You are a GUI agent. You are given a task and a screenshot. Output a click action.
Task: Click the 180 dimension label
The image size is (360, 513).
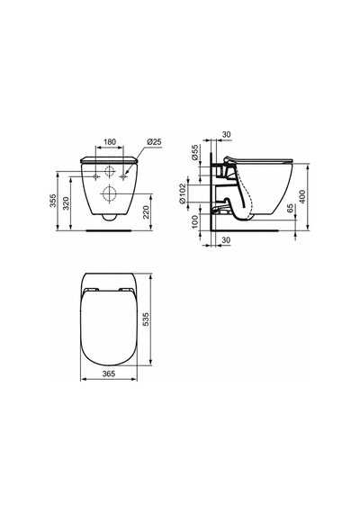click(x=110, y=141)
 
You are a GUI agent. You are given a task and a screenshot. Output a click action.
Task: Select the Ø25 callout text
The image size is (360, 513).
click(x=154, y=141)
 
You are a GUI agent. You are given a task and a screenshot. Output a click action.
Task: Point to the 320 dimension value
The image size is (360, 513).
click(x=67, y=203)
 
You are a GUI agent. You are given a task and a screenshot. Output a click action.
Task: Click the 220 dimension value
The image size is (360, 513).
click(x=147, y=213)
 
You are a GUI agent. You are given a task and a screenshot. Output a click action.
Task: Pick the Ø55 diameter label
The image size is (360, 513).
click(x=195, y=152)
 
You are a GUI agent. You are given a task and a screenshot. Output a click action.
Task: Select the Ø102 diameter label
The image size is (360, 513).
click(x=183, y=193)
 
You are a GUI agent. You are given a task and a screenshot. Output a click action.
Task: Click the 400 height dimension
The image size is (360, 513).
click(x=302, y=197)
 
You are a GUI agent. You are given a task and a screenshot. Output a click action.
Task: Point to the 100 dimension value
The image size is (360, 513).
click(x=195, y=222)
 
